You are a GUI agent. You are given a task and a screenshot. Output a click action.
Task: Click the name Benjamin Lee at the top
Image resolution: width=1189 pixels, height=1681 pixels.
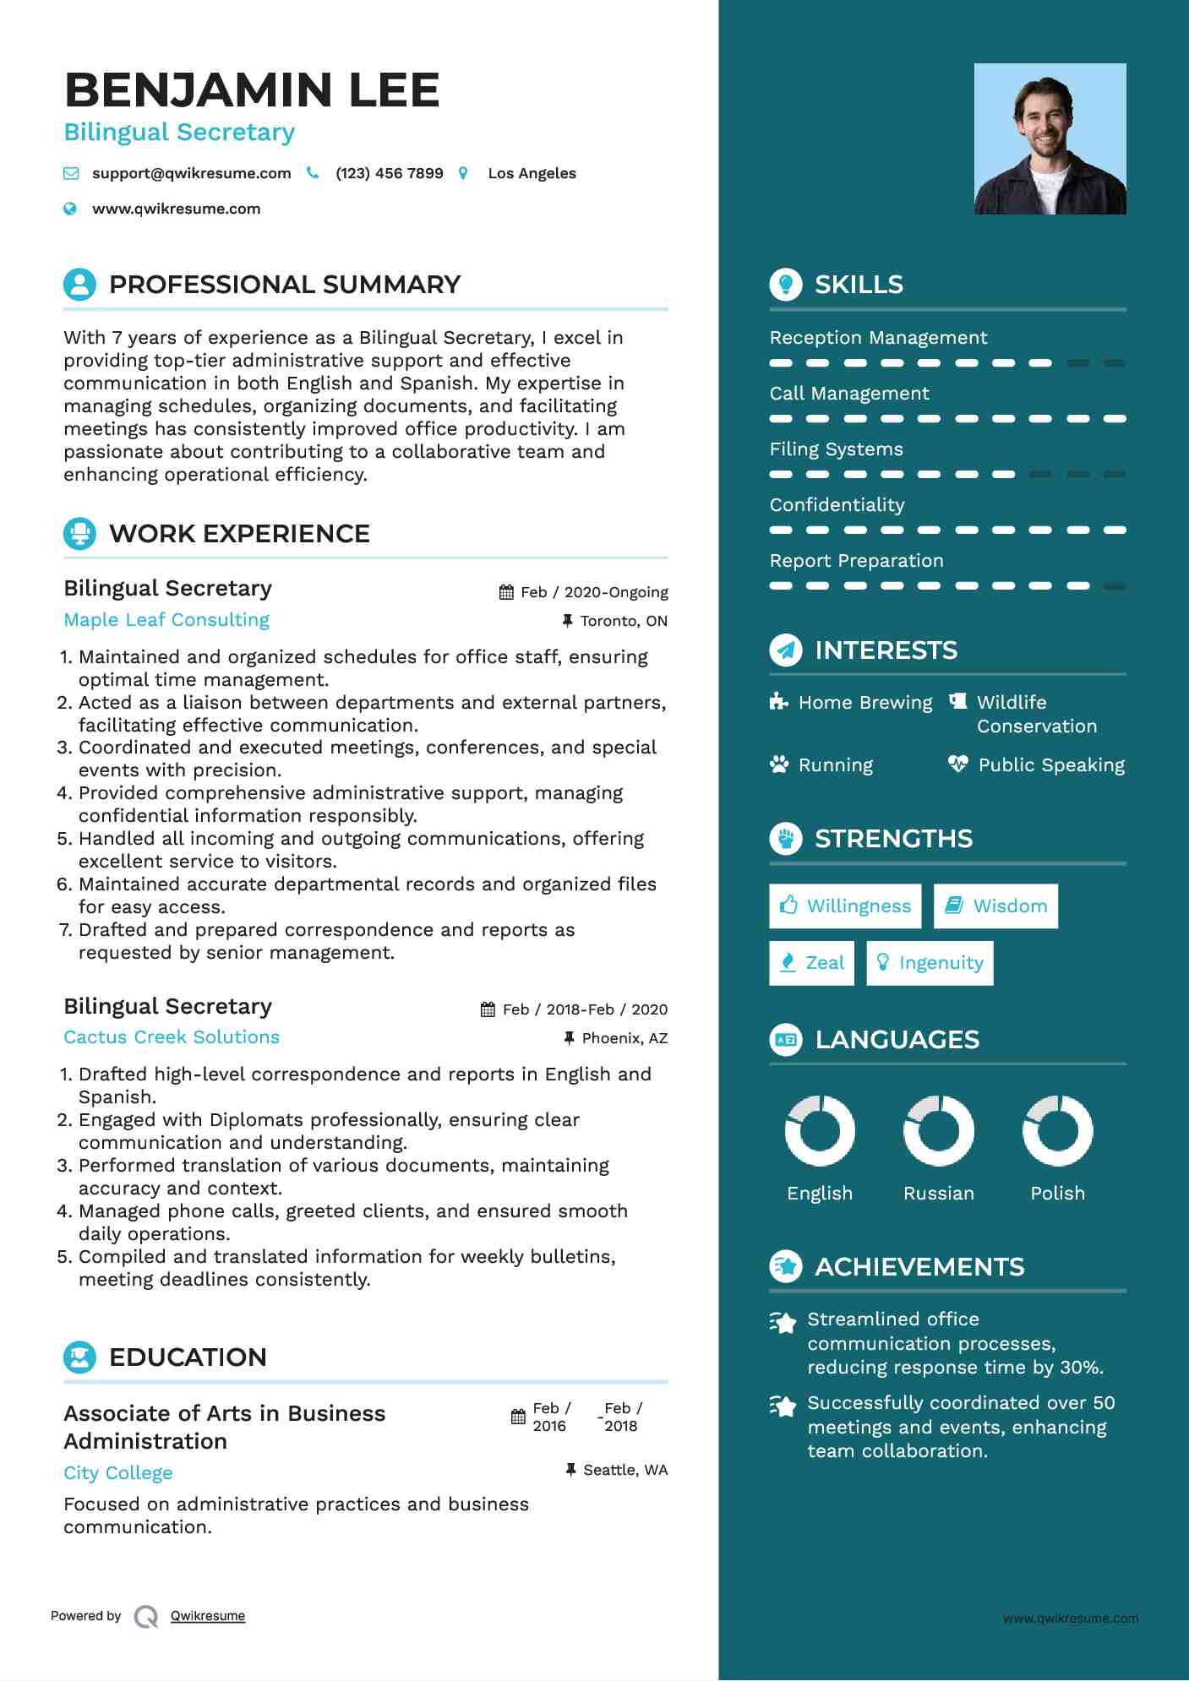(252, 90)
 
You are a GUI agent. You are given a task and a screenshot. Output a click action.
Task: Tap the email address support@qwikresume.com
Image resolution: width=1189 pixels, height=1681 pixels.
(191, 173)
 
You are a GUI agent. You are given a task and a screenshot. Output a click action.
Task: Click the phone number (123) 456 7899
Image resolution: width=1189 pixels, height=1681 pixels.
(389, 173)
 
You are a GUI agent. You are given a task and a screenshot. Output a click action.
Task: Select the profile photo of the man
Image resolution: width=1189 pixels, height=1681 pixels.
(1050, 139)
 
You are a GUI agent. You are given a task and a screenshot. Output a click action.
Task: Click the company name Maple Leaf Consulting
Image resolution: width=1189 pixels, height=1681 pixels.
(166, 620)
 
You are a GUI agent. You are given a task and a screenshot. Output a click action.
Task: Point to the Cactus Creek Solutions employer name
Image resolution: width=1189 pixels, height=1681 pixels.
(172, 1037)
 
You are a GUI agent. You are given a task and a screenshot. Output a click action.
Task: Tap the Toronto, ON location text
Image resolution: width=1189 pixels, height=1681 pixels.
(624, 621)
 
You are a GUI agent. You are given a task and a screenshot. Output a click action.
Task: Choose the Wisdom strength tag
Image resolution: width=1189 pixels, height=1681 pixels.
(996, 906)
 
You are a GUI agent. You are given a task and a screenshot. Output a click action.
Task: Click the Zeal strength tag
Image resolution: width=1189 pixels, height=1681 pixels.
(811, 963)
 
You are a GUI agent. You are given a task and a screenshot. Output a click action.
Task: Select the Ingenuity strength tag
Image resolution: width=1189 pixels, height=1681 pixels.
(930, 963)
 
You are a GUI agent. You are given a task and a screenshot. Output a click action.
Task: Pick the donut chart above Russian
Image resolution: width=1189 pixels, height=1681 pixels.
(938, 1130)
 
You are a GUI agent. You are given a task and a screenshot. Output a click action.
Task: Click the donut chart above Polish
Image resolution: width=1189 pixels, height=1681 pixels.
(1057, 1130)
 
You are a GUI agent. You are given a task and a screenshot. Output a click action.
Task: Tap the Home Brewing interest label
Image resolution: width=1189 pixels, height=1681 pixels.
(865, 703)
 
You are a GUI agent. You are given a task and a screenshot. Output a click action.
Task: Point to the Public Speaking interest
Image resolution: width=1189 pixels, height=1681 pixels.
(1051, 765)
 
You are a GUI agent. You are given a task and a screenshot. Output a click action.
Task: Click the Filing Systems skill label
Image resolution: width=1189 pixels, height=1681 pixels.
(836, 449)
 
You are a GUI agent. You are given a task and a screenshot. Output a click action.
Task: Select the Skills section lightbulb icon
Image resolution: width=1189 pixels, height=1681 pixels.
(786, 285)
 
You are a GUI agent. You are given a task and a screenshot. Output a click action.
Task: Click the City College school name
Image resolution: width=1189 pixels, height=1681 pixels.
(118, 1473)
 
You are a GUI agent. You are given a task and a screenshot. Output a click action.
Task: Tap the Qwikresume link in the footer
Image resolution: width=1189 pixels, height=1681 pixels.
(208, 1616)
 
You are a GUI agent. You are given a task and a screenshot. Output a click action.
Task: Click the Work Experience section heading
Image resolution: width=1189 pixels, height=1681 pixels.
(239, 534)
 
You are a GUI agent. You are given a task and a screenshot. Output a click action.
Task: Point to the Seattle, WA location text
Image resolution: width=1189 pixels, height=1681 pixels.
(625, 1470)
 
